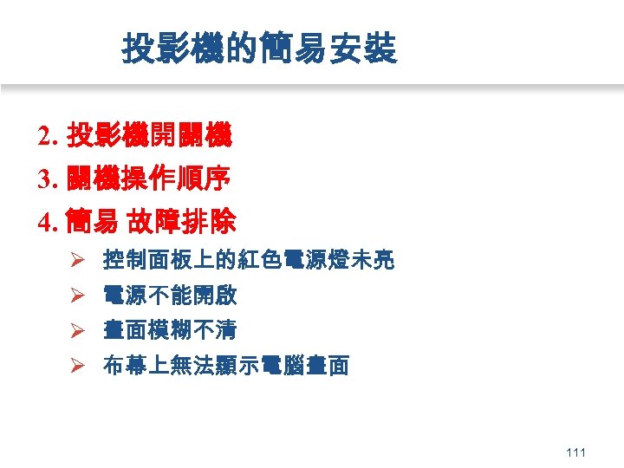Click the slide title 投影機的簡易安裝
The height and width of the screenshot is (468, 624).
click(x=260, y=49)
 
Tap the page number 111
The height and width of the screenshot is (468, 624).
click(x=575, y=452)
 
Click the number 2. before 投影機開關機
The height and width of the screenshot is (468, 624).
click(x=49, y=136)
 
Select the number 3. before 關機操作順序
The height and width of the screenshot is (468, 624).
click(x=49, y=180)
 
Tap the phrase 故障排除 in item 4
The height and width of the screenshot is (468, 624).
click(x=182, y=224)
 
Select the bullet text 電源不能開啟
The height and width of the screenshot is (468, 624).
click(x=170, y=296)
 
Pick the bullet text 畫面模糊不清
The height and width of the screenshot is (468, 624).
click(x=170, y=330)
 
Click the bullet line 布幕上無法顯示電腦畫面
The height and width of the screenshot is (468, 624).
click(x=225, y=366)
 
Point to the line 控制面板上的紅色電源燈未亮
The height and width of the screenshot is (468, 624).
click(x=249, y=260)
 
